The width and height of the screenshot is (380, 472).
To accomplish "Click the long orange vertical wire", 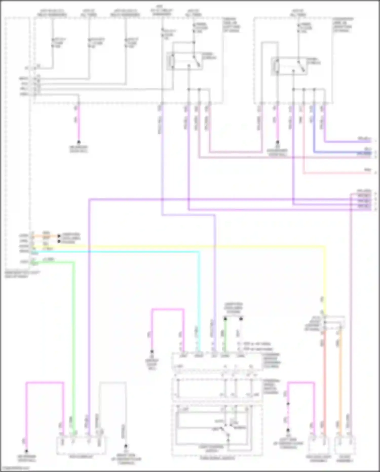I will (340, 380).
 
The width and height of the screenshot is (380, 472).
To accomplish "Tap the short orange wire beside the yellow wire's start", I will (46, 236).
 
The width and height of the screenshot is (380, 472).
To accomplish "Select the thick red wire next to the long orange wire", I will (325, 380).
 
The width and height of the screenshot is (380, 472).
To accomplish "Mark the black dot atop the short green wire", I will (225, 319).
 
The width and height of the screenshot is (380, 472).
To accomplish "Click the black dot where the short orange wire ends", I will (59, 236).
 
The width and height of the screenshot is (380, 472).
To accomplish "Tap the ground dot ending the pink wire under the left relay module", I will (79, 142).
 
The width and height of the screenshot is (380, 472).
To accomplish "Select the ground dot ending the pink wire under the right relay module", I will (277, 142).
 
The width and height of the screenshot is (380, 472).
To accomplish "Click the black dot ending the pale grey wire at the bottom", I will (125, 446).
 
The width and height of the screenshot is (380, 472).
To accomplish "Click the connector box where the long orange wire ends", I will (345, 445).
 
